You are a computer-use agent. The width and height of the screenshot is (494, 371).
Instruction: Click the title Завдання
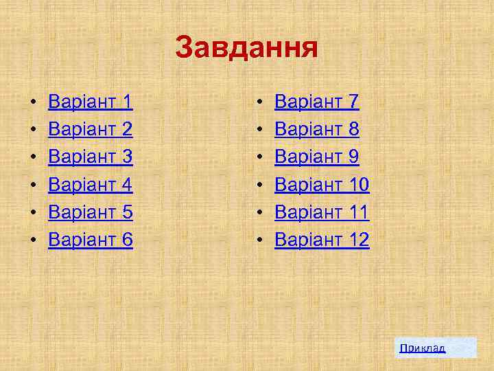coord(246,48)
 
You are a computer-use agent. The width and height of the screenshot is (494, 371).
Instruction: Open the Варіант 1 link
coord(90,102)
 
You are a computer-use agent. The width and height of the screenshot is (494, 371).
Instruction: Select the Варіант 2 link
coord(90,130)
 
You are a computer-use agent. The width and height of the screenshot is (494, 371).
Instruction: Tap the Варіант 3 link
coord(90,157)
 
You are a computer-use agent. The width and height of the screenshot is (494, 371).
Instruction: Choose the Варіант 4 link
coord(90,185)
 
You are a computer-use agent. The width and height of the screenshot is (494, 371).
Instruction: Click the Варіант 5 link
coord(90,212)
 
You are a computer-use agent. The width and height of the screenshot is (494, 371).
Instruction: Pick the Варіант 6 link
coord(90,240)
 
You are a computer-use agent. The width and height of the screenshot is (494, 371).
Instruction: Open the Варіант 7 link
coord(316,102)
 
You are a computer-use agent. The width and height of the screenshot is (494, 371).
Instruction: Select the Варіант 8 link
coord(316,130)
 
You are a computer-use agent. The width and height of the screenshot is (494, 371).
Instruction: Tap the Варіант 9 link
coord(316,157)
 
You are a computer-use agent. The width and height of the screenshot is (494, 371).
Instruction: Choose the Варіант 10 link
coord(322,185)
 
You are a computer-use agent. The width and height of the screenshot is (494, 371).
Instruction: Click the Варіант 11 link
coord(322,212)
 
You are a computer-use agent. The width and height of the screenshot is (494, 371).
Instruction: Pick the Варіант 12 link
coord(322,240)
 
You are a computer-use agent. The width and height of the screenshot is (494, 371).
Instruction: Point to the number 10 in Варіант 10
coord(357,185)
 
